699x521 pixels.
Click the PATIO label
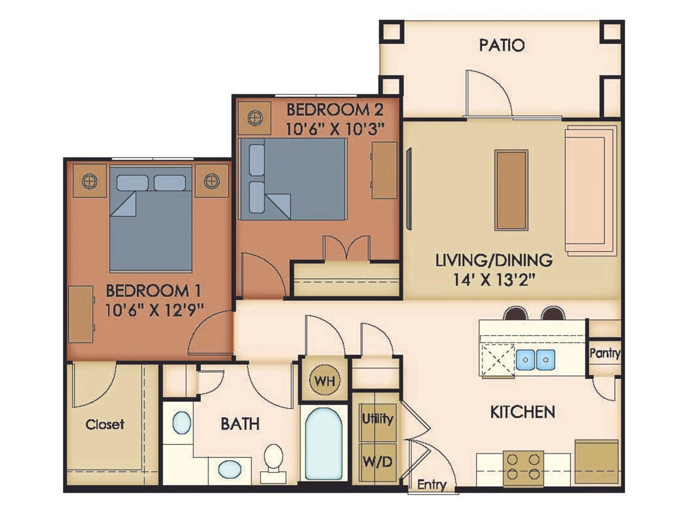[x=502, y=45]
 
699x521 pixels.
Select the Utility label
[x=378, y=419]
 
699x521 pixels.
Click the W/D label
[x=378, y=461]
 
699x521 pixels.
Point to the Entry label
[x=431, y=485]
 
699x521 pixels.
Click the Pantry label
[x=604, y=354]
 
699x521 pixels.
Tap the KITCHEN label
[x=522, y=411]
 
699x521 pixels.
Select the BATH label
[x=240, y=424]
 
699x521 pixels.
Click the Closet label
[x=104, y=424]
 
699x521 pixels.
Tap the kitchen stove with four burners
[x=523, y=467]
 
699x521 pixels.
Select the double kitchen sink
[x=535, y=359]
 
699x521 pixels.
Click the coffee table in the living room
[x=511, y=190]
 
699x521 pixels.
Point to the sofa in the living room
[x=591, y=190]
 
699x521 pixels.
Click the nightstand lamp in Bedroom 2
[x=254, y=116]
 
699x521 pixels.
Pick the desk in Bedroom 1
[x=81, y=314]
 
